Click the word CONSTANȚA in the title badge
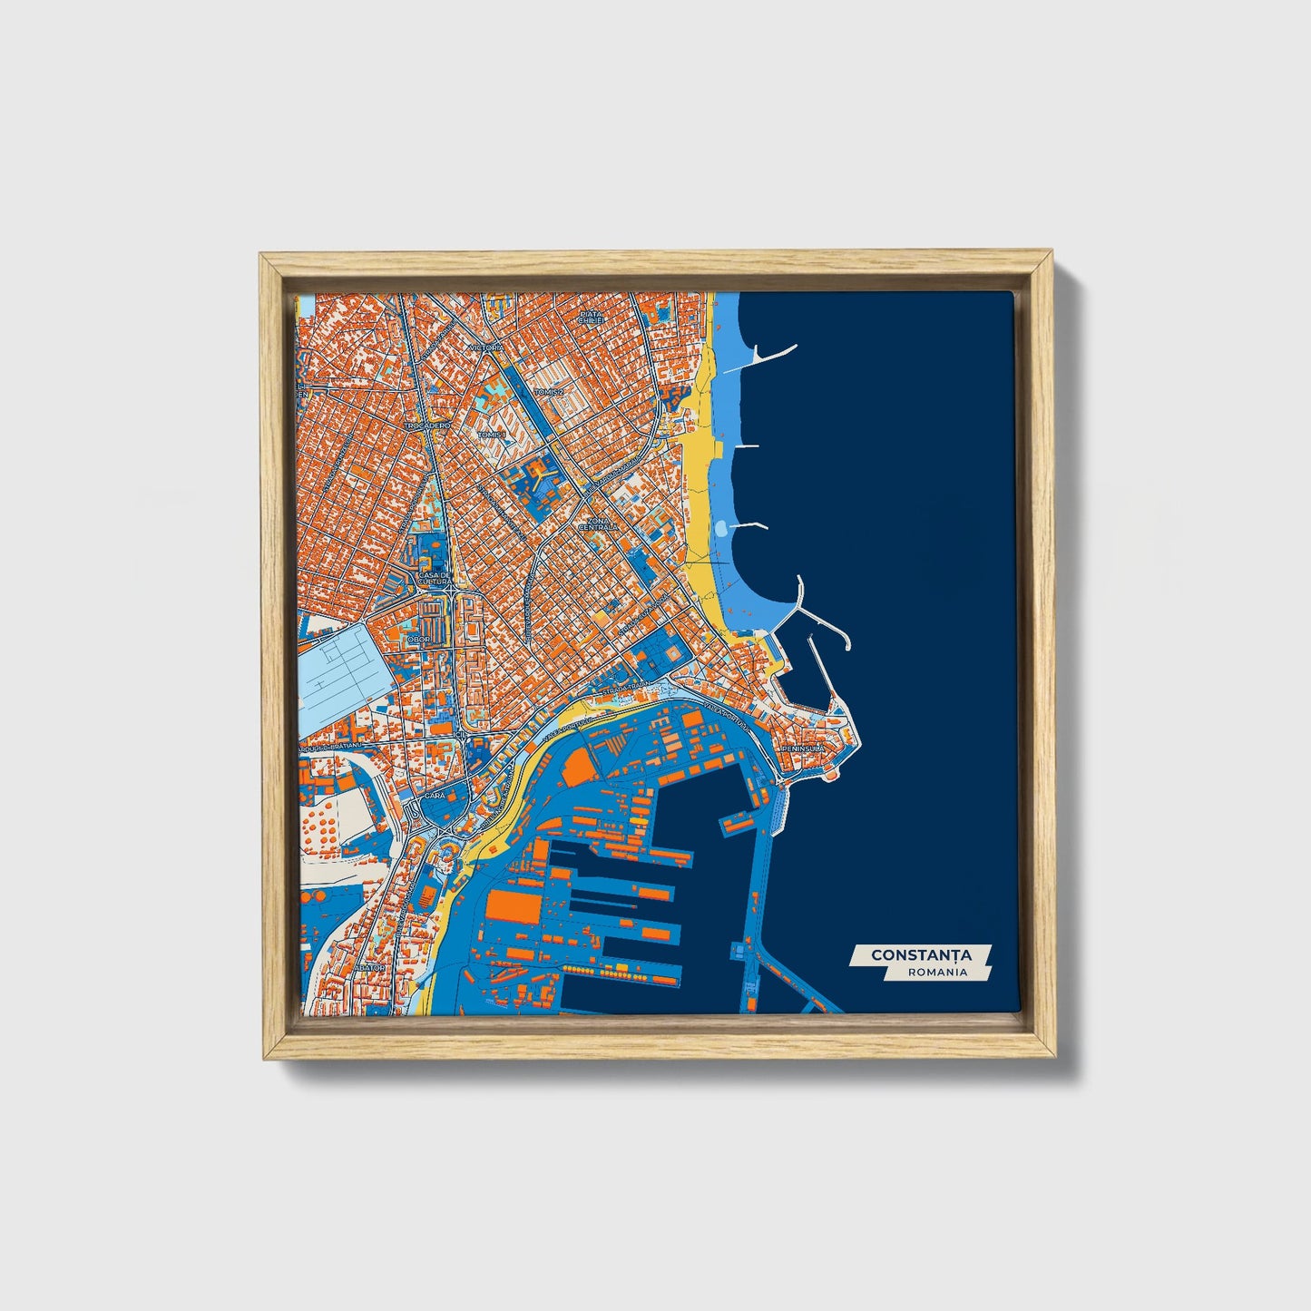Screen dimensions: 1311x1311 coord(920,955)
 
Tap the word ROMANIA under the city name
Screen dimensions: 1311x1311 coord(937,972)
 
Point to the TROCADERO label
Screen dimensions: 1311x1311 coord(427,425)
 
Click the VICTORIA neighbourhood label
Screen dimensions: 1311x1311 coord(486,347)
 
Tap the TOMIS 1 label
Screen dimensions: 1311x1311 coord(491,435)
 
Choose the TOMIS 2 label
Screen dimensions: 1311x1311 coord(549,392)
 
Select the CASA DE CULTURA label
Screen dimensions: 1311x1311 coord(435,578)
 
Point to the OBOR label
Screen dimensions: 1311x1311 coord(419,639)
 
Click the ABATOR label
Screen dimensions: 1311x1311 coord(370,968)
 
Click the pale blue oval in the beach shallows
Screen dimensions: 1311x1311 coord(721,527)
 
